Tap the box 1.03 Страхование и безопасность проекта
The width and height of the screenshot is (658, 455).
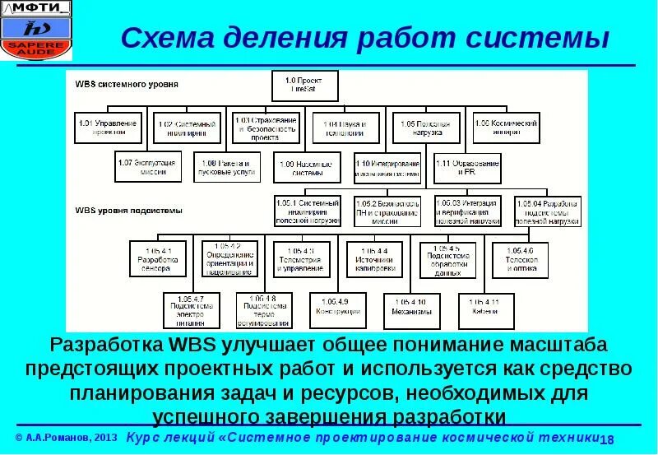click(265, 128)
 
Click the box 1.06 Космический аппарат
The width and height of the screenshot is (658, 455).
click(506, 128)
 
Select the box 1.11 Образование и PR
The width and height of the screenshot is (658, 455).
click(466, 168)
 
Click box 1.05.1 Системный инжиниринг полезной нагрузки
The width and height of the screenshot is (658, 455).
click(308, 211)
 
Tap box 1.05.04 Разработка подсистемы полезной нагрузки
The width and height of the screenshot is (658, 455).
click(548, 211)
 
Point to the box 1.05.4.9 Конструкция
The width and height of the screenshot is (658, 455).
click(337, 308)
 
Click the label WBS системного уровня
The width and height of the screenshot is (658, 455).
click(127, 84)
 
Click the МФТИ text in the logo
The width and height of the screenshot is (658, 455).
click(39, 8)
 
